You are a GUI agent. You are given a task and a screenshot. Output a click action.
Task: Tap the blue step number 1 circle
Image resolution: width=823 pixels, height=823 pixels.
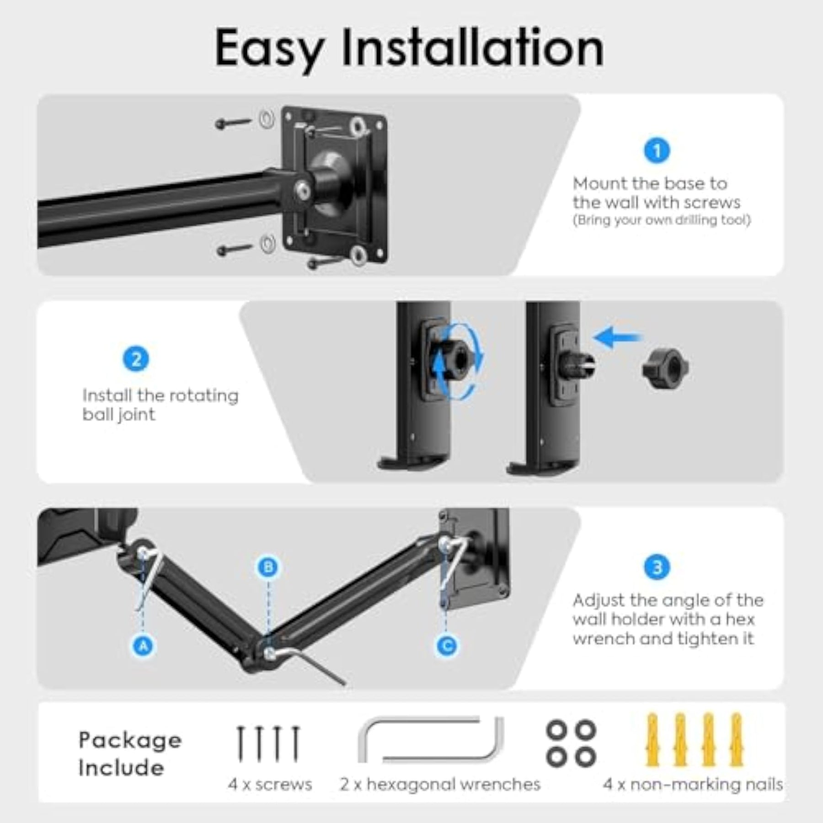coord(657,150)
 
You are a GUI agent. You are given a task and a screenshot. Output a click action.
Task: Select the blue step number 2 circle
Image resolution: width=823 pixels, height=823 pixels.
coord(136,359)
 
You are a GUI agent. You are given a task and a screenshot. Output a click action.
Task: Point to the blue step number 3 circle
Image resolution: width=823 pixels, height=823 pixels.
coord(657,567)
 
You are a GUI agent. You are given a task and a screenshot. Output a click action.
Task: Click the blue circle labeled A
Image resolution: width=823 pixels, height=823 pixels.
coord(144,646)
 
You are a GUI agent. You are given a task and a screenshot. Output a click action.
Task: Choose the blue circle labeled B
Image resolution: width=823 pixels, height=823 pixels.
coord(268,567)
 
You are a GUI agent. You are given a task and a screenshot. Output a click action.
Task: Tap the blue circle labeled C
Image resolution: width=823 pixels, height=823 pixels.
coord(447,646)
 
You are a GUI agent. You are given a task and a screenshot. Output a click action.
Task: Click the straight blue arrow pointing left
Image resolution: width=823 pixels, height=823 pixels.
coord(617,338)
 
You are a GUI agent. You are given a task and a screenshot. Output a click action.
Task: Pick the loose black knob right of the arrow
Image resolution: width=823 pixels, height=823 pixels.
coord(665,369)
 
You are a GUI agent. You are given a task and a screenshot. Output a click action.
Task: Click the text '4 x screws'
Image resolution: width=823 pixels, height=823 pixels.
coord(270,784)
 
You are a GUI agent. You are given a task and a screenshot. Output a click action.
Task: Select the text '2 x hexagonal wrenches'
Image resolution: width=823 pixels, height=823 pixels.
coord(440,784)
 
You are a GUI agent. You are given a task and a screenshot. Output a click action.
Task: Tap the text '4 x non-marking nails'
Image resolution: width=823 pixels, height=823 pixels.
coord(693,784)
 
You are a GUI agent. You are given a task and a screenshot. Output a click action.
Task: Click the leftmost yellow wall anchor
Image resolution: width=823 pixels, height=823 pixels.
coord(652,739)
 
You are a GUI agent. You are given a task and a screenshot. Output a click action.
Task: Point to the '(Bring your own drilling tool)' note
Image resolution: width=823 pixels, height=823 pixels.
coord(662,220)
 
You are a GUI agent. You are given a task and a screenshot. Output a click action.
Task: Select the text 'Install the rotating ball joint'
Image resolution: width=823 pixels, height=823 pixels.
coord(160,405)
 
